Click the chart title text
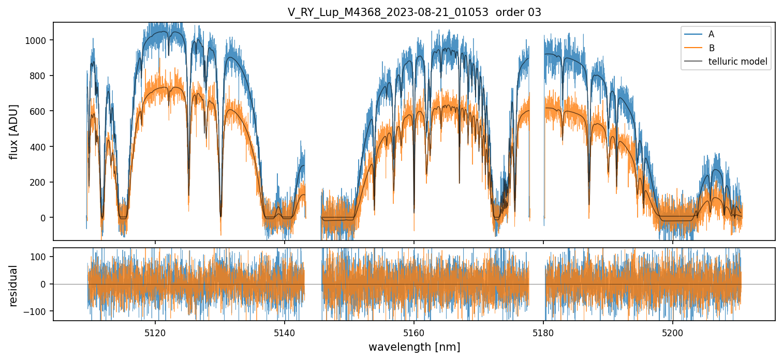pos(414,12)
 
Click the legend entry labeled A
pos(711,34)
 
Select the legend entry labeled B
pos(711,48)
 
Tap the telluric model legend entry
pos(737,62)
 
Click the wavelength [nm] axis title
pos(414,347)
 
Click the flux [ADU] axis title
pos(14,131)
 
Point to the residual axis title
pos(14,286)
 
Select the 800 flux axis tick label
pos(40,76)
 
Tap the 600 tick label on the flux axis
pos(40,111)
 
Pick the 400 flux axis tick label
pos(40,147)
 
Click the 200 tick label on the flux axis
pos(40,182)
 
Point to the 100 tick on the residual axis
pos(40,257)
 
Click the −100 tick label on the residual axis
pos(37,311)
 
